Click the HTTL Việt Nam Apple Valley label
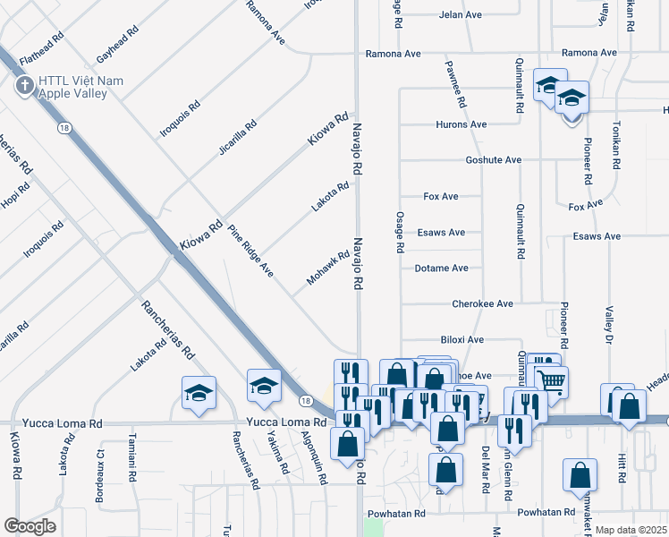pyautogui.click(x=80, y=87)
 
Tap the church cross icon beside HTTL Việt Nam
pyautogui.click(x=23, y=87)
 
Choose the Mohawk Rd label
pyautogui.click(x=327, y=268)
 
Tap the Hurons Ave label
pyautogui.click(x=462, y=124)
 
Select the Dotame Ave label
pyautogui.click(x=442, y=268)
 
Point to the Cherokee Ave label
pyautogui.click(x=482, y=303)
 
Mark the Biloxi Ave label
pyautogui.click(x=462, y=340)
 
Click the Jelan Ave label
pyautogui.click(x=461, y=15)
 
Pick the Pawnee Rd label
pyautogui.click(x=455, y=84)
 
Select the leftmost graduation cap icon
pyautogui.click(x=199, y=393)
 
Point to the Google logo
pyautogui.click(x=30, y=526)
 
